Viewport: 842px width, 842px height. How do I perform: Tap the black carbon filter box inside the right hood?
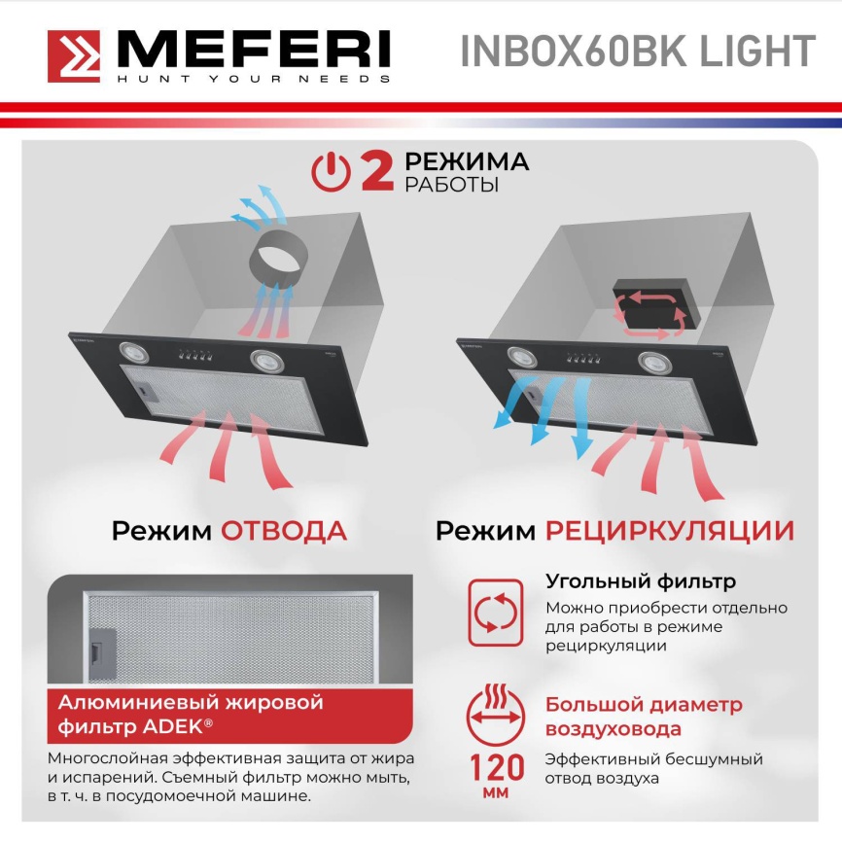tap(646, 307)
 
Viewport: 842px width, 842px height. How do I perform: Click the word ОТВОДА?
tap(283, 531)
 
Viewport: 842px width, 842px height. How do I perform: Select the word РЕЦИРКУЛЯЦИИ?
tap(669, 531)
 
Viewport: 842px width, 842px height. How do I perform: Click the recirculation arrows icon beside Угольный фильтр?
tap(496, 613)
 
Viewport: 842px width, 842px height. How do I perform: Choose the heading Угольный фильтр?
tap(640, 582)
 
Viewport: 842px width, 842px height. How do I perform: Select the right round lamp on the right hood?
tap(653, 363)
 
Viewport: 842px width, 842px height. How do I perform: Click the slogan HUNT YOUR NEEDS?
tap(253, 79)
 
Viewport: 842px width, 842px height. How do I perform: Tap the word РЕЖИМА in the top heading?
tap(467, 160)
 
